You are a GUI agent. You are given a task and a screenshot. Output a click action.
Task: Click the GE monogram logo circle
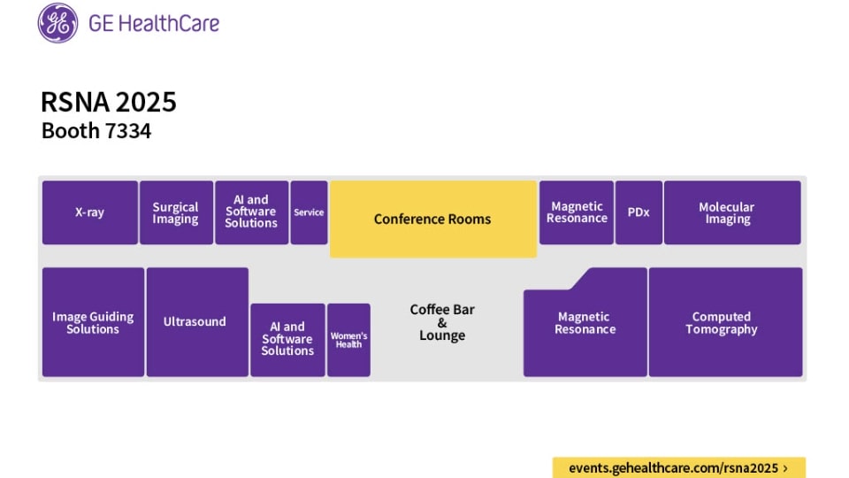57,23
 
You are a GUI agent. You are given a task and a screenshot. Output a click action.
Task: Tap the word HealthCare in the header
167,24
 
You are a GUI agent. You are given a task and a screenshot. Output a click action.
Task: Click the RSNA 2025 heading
109,102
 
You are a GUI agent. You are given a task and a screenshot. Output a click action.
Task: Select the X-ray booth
89,212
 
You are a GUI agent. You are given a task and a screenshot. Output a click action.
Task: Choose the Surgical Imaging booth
176,212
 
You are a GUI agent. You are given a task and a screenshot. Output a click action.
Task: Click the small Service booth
309,212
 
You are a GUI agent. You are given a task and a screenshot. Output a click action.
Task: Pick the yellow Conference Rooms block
432,219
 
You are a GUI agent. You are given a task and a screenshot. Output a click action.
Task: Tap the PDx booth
639,212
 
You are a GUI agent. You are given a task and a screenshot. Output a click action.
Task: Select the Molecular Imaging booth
731,212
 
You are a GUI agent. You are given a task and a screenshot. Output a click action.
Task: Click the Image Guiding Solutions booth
93,322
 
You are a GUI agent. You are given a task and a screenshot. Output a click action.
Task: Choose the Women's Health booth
348,340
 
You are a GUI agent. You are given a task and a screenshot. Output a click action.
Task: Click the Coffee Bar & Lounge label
442,322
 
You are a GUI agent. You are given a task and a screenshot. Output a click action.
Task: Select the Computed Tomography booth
725,322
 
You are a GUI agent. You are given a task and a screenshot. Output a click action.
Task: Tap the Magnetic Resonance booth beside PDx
577,212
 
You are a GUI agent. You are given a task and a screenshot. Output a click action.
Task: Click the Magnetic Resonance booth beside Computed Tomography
585,324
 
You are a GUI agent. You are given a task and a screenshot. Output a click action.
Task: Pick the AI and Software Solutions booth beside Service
251,212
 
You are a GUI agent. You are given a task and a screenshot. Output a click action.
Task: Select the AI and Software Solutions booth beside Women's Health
287,340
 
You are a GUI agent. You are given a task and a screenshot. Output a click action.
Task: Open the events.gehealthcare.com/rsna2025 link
678,467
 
